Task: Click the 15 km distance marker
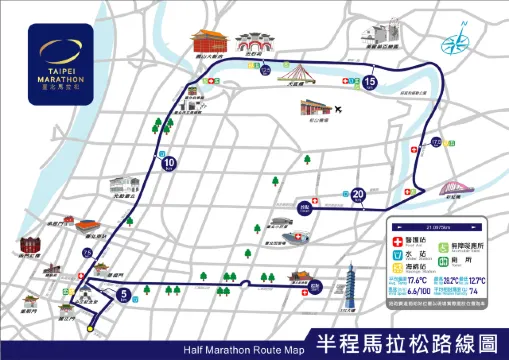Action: pos(370,81)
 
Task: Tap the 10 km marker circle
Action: pos(168,163)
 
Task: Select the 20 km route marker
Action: pos(358,194)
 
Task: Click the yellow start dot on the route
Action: pos(89,327)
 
